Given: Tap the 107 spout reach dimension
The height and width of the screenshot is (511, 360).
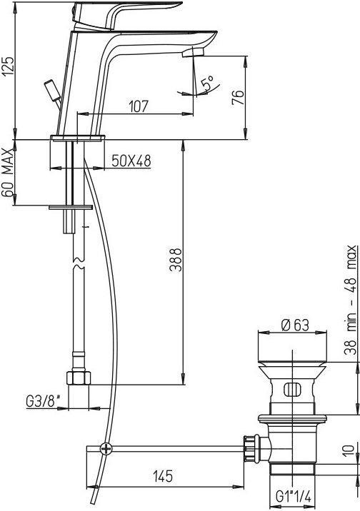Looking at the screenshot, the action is pyautogui.click(x=139, y=106).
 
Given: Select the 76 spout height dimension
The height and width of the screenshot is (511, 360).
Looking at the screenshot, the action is pyautogui.click(x=238, y=97).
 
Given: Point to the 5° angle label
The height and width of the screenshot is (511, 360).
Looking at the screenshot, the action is pyautogui.click(x=208, y=83).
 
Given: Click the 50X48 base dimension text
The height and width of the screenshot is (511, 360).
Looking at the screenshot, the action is pyautogui.click(x=131, y=161).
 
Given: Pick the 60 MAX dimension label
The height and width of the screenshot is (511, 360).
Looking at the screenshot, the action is pyautogui.click(x=8, y=173).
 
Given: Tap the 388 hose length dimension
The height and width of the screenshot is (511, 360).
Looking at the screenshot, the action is pyautogui.click(x=176, y=260).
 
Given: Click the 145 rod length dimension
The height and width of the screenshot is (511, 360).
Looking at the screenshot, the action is pyautogui.click(x=162, y=477).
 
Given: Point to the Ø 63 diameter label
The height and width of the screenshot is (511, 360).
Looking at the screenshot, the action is pyautogui.click(x=294, y=325).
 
